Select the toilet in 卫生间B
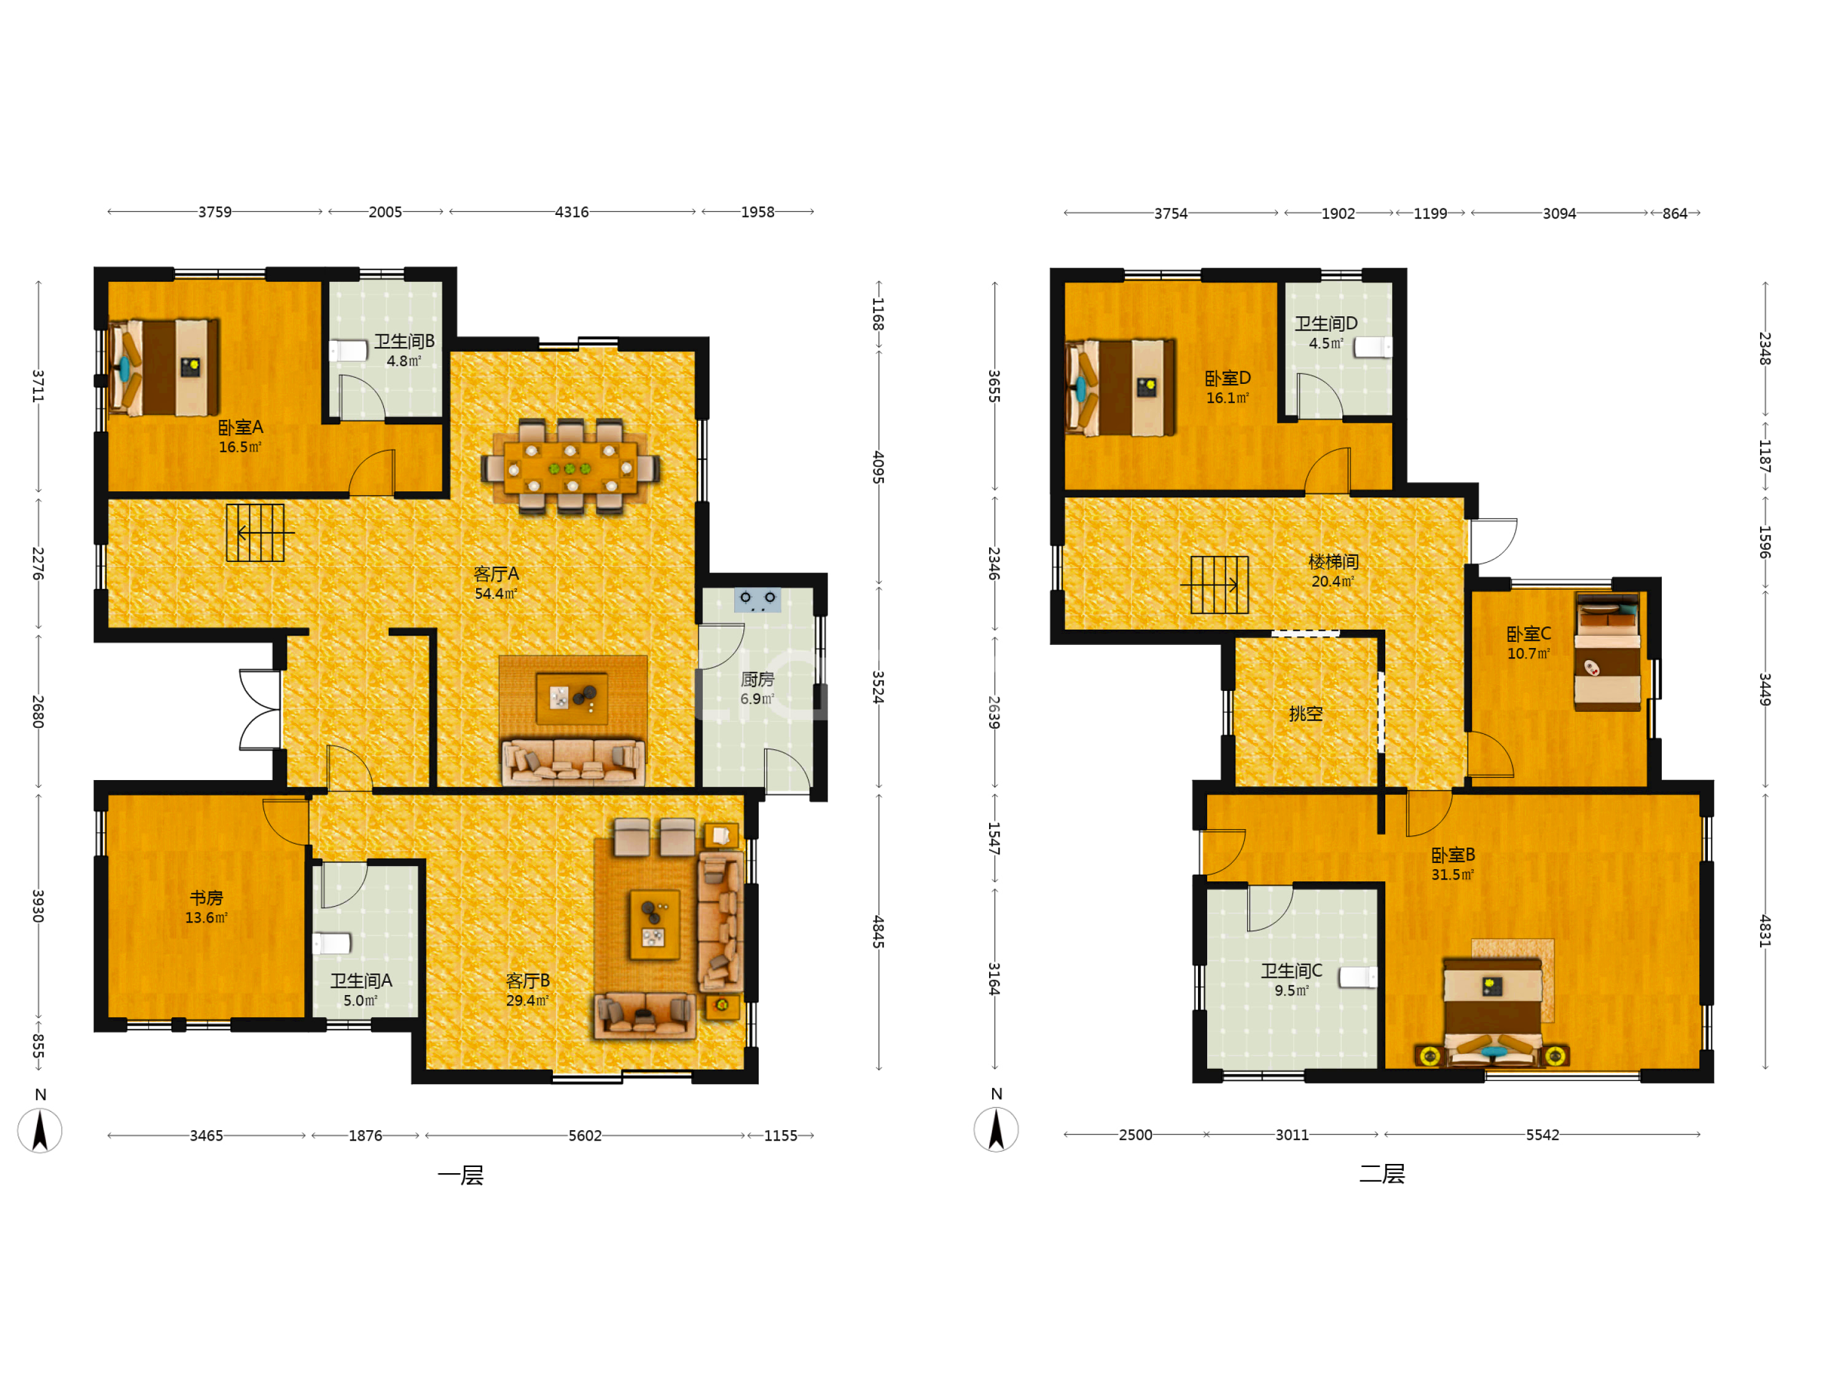tap(348, 350)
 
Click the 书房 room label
tap(206, 898)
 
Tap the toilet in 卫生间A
tap(332, 943)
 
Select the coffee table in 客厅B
tap(654, 924)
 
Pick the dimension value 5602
tap(585, 1136)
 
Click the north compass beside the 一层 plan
tap(40, 1130)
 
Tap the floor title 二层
tap(1382, 1174)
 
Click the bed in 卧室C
tap(1607, 652)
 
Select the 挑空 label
tap(1305, 714)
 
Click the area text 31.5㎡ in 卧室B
tap(1452, 875)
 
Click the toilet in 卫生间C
tap(1358, 977)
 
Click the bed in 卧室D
tap(1120, 388)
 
